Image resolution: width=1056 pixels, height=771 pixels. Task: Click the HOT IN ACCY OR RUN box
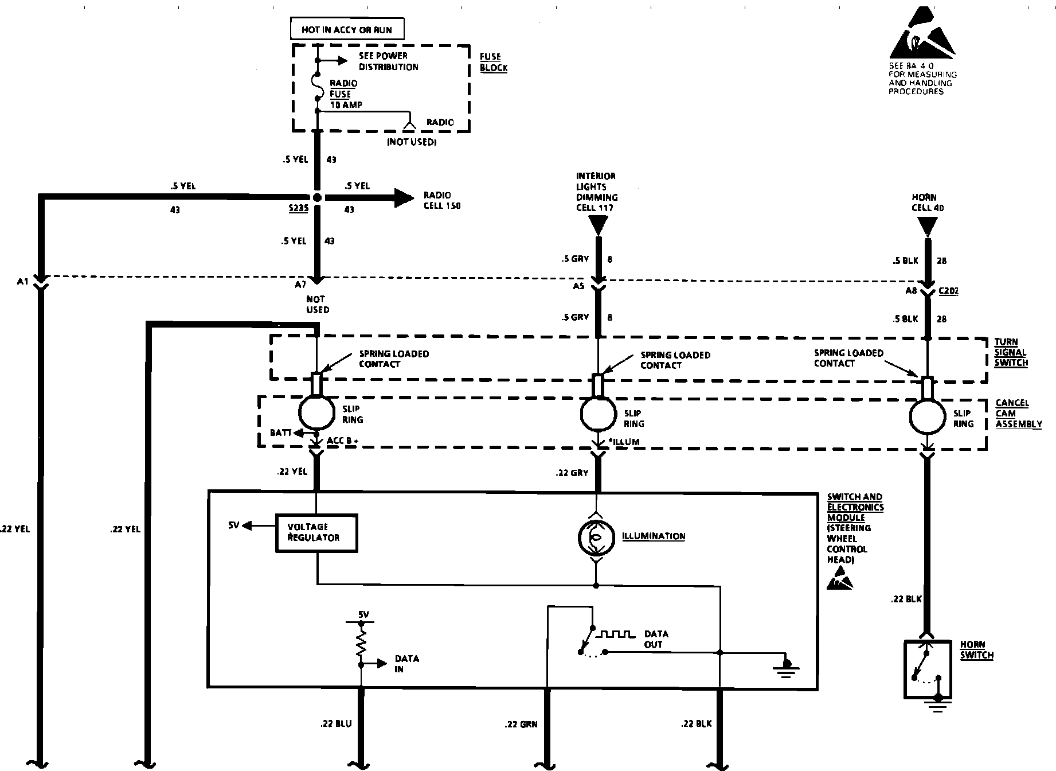coord(346,29)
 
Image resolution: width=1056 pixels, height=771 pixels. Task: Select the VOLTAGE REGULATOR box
coord(316,533)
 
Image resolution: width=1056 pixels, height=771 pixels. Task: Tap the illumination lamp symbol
coord(596,537)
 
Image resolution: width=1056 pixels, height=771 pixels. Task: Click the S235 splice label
coord(299,209)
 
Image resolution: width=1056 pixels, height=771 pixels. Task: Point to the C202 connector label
coord(948,291)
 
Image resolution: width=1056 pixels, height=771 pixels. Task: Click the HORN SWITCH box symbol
coord(927,670)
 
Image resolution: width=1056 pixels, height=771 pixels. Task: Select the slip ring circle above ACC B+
coord(316,412)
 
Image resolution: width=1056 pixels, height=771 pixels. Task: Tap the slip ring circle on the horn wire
coord(927,417)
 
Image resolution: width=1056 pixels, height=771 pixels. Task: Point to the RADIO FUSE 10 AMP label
coord(343,94)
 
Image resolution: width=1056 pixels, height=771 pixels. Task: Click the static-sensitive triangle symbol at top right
coord(922,36)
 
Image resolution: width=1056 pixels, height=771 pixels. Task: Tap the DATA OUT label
coord(655,639)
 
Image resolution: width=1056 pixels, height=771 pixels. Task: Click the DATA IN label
coord(406,664)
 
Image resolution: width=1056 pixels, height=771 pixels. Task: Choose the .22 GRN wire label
coord(521,725)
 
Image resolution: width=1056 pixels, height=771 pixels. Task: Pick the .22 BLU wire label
coord(336,724)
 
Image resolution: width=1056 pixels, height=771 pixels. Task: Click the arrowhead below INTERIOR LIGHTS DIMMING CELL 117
coord(597,225)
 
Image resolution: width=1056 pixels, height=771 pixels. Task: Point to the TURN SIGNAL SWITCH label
coord(1011,352)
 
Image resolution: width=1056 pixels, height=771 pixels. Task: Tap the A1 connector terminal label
coord(22,282)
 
